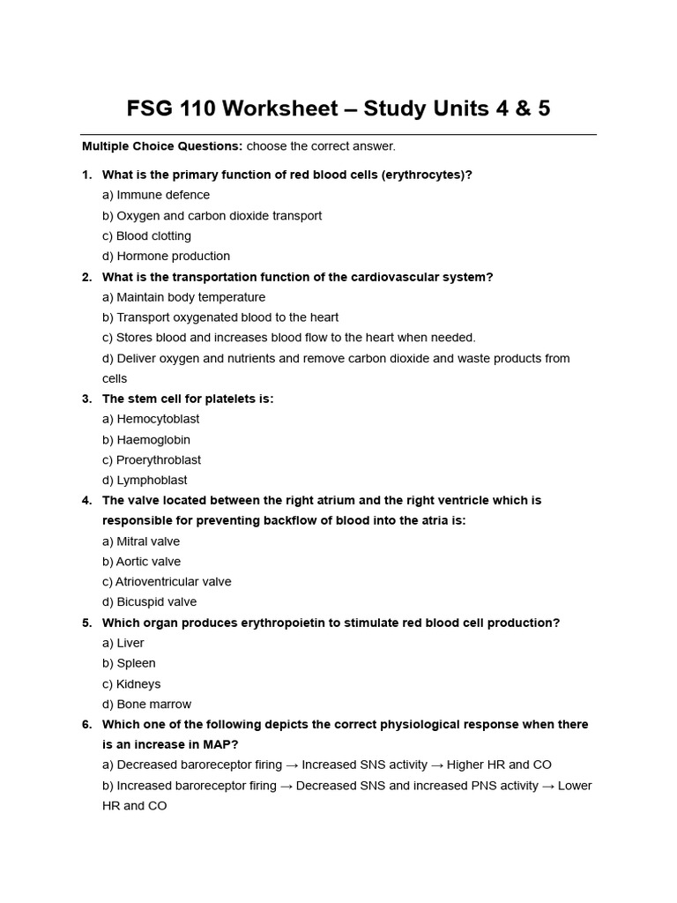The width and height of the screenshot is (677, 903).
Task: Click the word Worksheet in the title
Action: point(281,108)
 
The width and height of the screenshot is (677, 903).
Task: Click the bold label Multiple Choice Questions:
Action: point(162,146)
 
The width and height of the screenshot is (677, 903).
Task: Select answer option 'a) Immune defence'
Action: point(156,195)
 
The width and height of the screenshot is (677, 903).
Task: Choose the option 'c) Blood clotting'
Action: point(146,236)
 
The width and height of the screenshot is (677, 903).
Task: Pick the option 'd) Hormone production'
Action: point(166,257)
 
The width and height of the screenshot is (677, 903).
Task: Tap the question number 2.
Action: point(86,277)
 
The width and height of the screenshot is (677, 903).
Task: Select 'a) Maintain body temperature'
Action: point(183,297)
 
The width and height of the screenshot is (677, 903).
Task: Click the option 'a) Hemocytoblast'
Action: point(151,420)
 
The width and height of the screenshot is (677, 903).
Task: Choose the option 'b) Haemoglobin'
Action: point(146,440)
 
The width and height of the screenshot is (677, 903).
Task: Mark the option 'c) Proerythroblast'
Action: point(152,460)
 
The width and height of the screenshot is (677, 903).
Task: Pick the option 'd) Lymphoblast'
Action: point(145,481)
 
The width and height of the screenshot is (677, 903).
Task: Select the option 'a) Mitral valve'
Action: point(141,541)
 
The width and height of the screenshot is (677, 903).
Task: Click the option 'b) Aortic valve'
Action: point(141,562)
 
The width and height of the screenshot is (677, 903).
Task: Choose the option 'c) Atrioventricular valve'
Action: point(167,582)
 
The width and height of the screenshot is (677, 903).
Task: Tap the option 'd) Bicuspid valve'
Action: point(149,602)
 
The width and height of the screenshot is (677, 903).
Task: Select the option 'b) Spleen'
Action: point(129,663)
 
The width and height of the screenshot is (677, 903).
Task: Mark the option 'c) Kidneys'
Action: point(131,684)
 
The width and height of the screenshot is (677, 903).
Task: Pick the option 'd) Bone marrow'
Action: point(146,705)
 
